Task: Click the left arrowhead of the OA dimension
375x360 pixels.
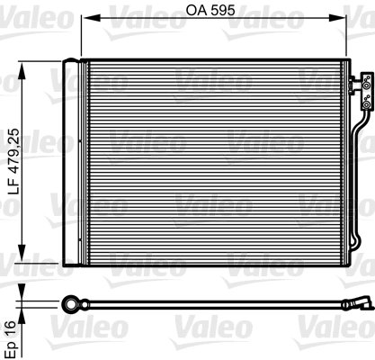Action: (85, 24)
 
